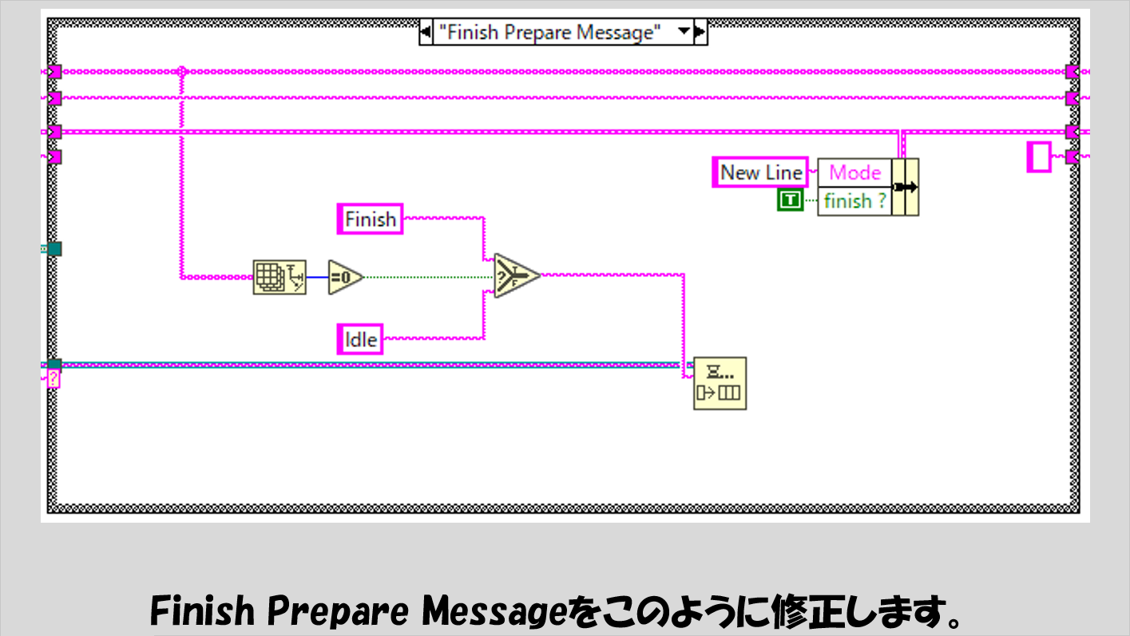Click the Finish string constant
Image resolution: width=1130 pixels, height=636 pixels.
coord(371,219)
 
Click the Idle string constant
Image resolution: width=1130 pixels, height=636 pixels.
coord(360,339)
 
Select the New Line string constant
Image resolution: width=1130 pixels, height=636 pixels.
coord(760,172)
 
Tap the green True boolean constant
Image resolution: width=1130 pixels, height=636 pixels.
coord(790,201)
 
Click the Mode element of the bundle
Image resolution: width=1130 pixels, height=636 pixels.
coord(854,172)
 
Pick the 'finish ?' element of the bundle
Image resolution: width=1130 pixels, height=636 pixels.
coord(854,201)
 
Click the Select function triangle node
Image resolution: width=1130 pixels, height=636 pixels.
coord(516,276)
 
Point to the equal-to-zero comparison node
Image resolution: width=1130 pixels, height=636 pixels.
coord(344,277)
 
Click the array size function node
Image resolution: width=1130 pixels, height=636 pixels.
coord(279,277)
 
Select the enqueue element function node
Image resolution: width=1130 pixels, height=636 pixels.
coord(720,383)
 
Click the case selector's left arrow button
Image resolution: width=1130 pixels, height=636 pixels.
coord(426,33)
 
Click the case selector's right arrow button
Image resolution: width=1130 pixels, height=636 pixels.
coord(701,33)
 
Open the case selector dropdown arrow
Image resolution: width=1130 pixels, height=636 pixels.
coord(684,33)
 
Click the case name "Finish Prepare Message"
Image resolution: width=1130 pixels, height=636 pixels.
coord(550,33)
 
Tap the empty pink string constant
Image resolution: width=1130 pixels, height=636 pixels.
coord(1039,156)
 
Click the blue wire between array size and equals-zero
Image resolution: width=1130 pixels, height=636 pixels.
coord(317,277)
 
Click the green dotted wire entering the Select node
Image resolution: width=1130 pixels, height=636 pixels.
coord(431,277)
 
